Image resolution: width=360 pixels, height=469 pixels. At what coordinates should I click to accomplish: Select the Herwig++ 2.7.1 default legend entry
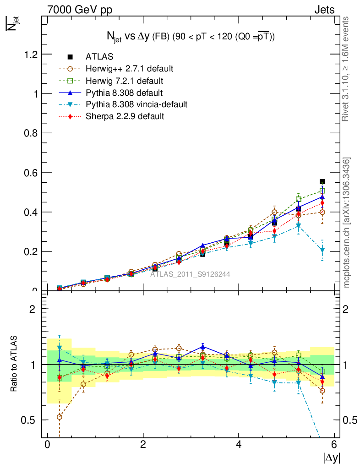tap(129, 69)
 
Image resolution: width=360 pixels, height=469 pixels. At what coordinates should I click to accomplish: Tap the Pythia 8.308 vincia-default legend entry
tap(136, 104)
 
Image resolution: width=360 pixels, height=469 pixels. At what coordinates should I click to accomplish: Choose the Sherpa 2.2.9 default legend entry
tap(125, 116)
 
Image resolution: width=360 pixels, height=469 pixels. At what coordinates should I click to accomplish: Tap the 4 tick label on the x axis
tap(239, 445)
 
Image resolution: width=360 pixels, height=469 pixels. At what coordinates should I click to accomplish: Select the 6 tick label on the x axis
tap(334, 445)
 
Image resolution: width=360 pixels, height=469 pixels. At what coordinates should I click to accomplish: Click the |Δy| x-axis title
tap(332, 458)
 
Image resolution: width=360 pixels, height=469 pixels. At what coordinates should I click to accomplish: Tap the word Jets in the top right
tap(324, 9)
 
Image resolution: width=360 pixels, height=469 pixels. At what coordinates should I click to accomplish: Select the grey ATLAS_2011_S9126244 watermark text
tap(191, 274)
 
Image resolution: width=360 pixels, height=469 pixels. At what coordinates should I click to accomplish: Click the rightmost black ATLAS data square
tap(322, 182)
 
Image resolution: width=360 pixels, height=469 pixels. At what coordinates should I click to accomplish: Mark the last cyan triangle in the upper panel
tap(322, 250)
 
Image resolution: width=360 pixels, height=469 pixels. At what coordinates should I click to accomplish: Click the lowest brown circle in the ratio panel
tap(60, 417)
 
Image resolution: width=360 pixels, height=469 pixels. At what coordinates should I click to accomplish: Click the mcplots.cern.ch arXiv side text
tap(347, 223)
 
